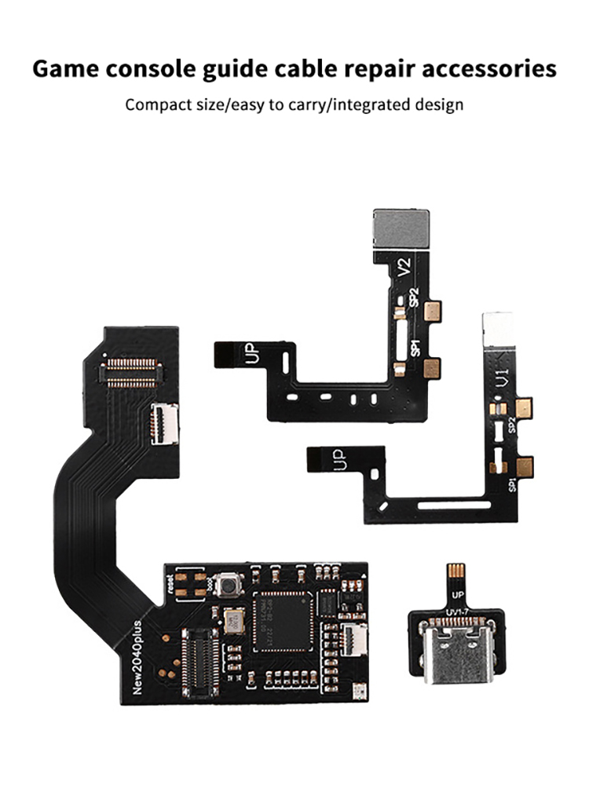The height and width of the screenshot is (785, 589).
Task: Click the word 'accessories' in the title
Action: pos(485,69)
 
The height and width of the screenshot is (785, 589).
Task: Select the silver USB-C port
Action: pos(452,664)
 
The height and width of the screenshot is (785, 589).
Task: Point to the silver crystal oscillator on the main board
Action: pos(232,621)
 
